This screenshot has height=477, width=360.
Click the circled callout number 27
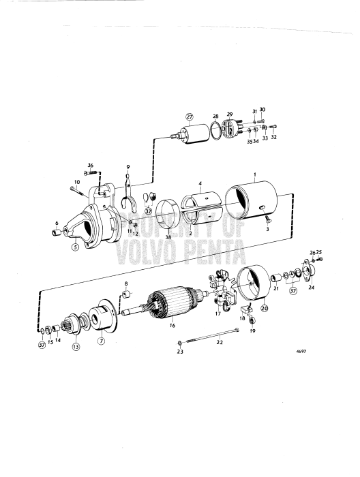pos(190,117)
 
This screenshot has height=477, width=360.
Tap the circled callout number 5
pos(75,247)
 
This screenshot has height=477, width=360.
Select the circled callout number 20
pos(264,307)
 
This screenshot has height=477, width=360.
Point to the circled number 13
pos(76,346)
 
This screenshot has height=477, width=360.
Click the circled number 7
pos(101,341)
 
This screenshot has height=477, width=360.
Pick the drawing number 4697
pos(301,351)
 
